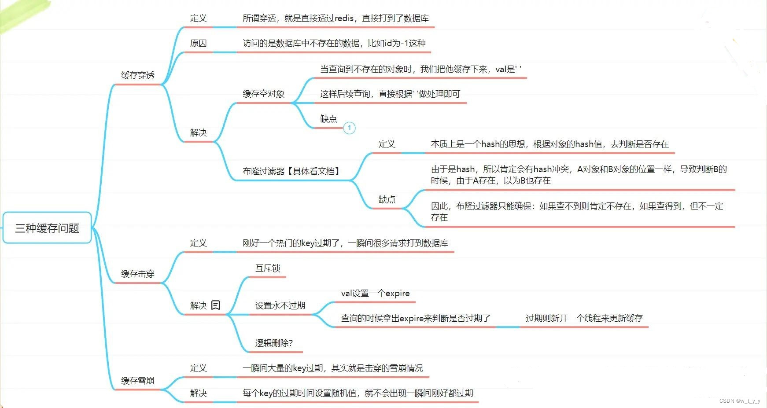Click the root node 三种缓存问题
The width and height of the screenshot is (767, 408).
(47, 228)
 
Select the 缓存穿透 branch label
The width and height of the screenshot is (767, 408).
(138, 75)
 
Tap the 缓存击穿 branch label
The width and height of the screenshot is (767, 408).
(138, 274)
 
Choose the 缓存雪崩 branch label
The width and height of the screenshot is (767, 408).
(138, 381)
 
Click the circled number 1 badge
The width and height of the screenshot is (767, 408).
(349, 128)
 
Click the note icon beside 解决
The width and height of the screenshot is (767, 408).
(216, 305)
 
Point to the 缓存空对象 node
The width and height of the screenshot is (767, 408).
(264, 94)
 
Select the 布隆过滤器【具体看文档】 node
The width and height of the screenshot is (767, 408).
(292, 171)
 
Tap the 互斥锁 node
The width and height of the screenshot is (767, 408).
(268, 268)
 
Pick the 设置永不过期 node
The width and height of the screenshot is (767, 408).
(280, 305)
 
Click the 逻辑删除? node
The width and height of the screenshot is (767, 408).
(274, 343)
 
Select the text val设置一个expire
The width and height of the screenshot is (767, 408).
(376, 294)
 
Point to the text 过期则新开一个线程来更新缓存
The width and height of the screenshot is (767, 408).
(584, 318)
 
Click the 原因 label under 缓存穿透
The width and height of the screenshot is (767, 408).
(199, 43)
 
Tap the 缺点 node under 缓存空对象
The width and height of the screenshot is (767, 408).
(329, 119)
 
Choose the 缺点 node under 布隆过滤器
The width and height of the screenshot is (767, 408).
(387, 199)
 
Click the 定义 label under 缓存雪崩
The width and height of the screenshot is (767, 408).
(199, 368)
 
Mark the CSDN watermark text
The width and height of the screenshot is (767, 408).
(740, 401)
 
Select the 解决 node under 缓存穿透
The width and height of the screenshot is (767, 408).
(199, 132)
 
